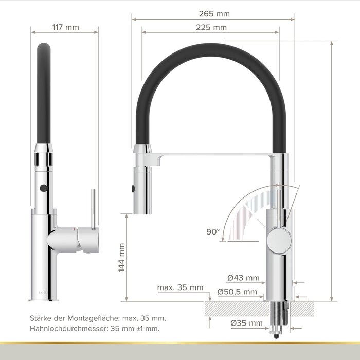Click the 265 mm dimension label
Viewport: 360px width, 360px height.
(214, 14)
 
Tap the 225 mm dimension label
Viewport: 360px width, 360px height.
(211, 28)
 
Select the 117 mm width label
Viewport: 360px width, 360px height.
(66, 27)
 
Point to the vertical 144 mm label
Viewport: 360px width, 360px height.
(121, 258)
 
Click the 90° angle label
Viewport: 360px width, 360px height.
(213, 232)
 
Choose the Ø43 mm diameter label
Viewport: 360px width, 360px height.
(243, 278)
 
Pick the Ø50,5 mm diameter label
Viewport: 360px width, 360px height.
(237, 292)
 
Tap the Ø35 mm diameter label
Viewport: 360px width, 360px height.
(246, 323)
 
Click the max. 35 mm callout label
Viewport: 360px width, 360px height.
(180, 287)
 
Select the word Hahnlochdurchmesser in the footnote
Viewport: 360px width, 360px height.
(69, 328)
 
